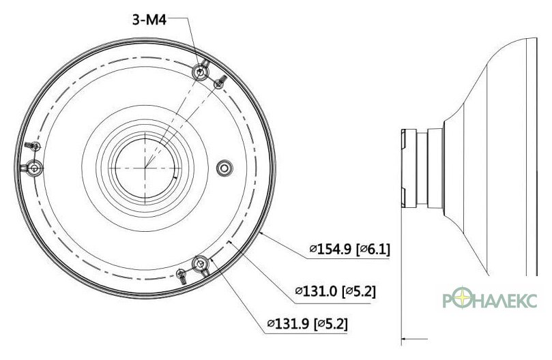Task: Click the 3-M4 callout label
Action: [x=149, y=20]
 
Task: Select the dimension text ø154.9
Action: [x=330, y=250]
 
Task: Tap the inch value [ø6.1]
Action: [x=373, y=250]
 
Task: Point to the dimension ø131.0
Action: [x=316, y=291]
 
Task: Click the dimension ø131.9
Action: [x=288, y=323]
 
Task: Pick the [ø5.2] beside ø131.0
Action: [x=359, y=291]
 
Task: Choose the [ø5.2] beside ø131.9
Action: [x=330, y=323]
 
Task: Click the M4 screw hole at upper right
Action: [x=201, y=72]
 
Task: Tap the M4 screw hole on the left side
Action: [x=34, y=168]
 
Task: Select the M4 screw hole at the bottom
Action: [x=201, y=264]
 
